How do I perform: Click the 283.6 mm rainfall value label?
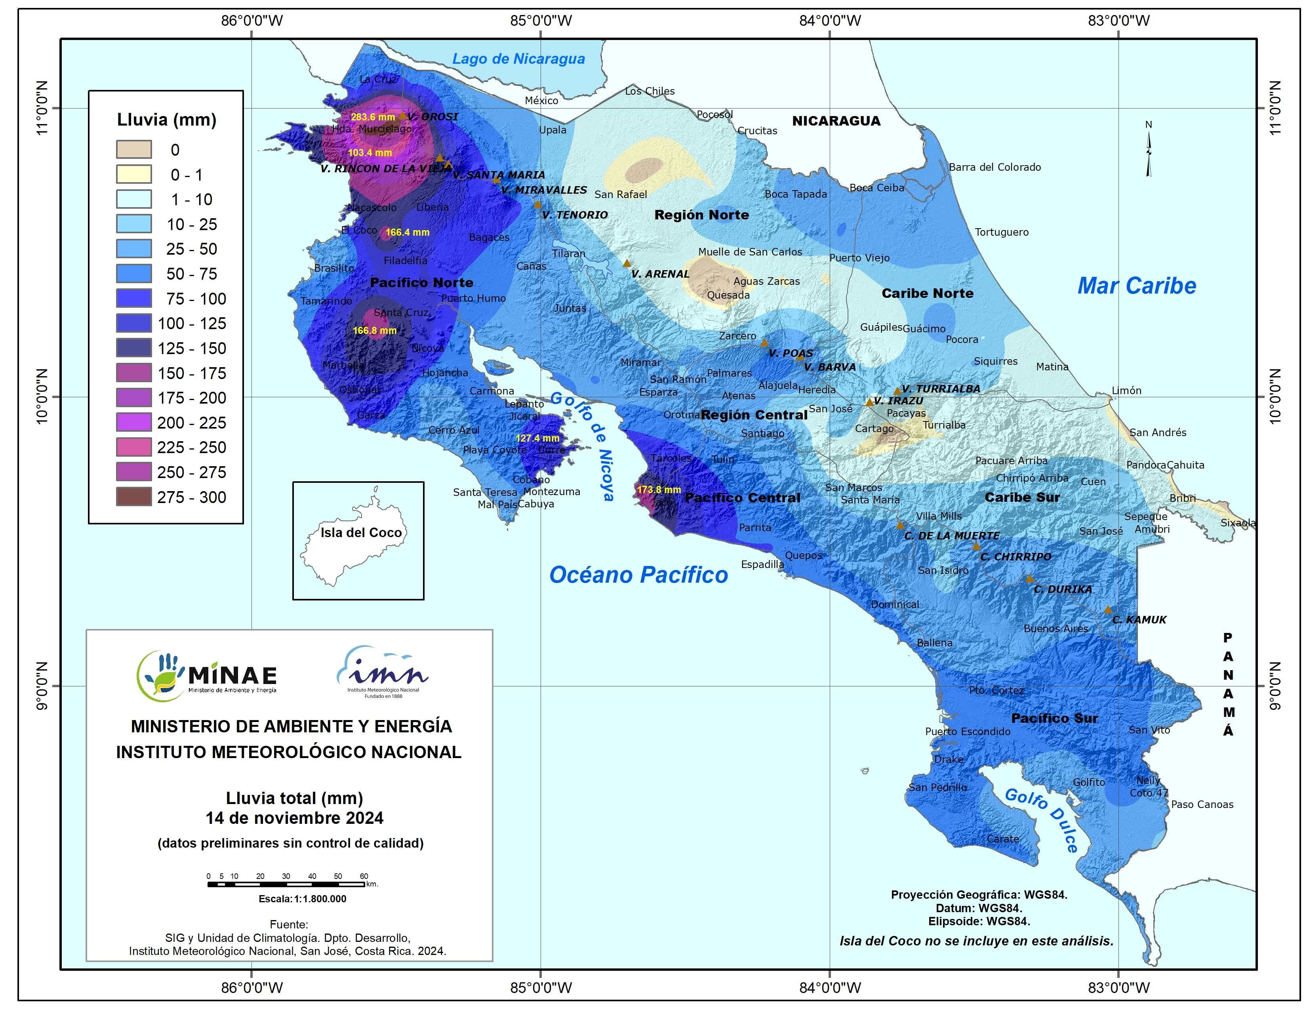372,117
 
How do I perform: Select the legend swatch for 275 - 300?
133,497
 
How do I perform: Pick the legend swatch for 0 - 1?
133,175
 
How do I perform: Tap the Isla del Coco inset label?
361,532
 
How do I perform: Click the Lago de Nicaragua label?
518,59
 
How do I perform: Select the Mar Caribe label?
1136,286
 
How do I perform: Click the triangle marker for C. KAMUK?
1108,610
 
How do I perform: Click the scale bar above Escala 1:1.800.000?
287,884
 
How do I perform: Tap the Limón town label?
1126,390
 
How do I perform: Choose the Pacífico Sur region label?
1054,718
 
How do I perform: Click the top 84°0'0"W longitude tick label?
830,20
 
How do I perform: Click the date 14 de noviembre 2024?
294,818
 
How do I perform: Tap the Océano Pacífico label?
638,574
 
